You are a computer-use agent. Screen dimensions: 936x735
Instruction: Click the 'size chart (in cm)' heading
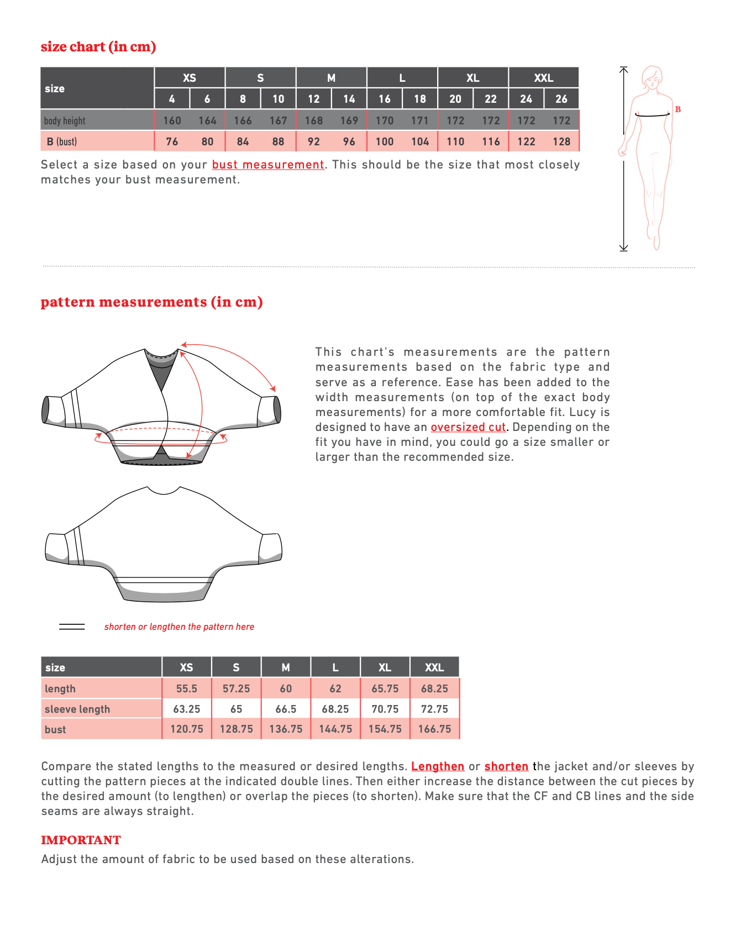pyautogui.click(x=98, y=47)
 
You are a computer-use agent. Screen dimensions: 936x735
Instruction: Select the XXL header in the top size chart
pyautogui.click(x=543, y=78)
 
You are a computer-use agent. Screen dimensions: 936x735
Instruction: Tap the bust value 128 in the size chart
pyautogui.click(x=561, y=141)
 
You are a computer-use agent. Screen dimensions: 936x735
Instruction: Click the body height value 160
pyautogui.click(x=172, y=120)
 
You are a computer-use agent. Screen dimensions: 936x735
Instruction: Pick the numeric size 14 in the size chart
pyautogui.click(x=349, y=99)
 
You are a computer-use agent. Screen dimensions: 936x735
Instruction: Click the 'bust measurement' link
pyautogui.click(x=268, y=165)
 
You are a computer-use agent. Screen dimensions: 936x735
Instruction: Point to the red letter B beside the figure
pyautogui.click(x=678, y=109)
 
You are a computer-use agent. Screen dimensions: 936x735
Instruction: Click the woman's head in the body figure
pyautogui.click(x=653, y=77)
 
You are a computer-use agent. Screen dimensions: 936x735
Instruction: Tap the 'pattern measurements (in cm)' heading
pyautogui.click(x=151, y=302)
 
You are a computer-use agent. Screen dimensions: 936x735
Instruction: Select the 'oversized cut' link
pyautogui.click(x=468, y=427)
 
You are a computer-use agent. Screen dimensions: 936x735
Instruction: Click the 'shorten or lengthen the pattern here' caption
pyautogui.click(x=179, y=627)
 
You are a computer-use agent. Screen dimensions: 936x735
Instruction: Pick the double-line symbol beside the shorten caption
pyautogui.click(x=72, y=627)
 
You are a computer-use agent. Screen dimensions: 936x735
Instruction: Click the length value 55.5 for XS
pyautogui.click(x=187, y=688)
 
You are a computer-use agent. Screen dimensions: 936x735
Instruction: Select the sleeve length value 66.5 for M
pyautogui.click(x=286, y=709)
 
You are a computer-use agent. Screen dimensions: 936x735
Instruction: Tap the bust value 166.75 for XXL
pyautogui.click(x=434, y=729)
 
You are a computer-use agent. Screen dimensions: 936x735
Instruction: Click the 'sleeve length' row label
pyautogui.click(x=77, y=709)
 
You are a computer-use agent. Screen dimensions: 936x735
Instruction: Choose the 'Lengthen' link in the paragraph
pyautogui.click(x=438, y=766)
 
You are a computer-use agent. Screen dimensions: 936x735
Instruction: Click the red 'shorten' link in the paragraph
pyautogui.click(x=506, y=766)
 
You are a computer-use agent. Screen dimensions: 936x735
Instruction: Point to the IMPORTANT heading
pyautogui.click(x=81, y=840)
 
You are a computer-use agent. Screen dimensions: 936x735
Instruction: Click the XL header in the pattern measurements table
pyautogui.click(x=385, y=667)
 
